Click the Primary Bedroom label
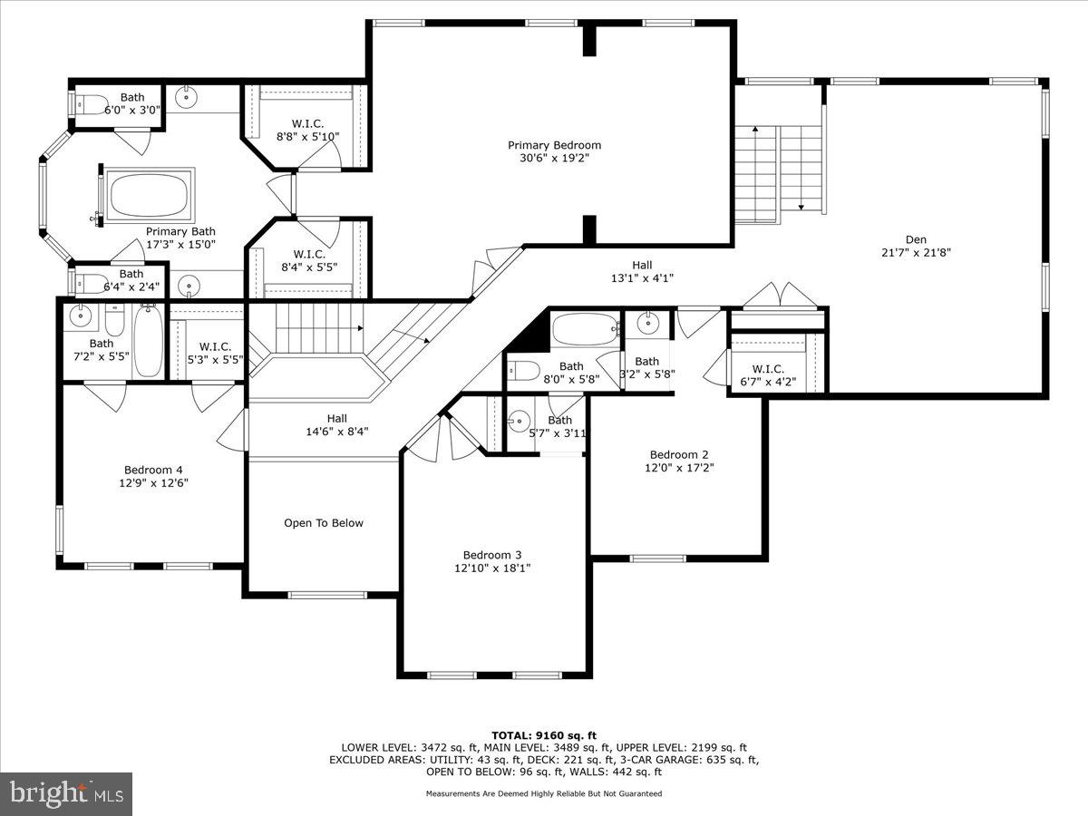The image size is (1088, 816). pyautogui.click(x=554, y=145)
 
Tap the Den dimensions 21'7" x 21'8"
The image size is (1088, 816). pyautogui.click(x=916, y=253)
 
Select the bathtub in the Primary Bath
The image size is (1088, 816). pyautogui.click(x=150, y=195)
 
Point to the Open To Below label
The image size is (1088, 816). pyautogui.click(x=324, y=523)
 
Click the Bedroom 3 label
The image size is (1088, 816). pyautogui.click(x=492, y=555)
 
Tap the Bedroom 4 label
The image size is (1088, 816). pyautogui.click(x=153, y=470)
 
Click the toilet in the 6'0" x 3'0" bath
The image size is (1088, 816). pyautogui.click(x=91, y=103)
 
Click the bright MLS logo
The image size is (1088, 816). pyautogui.click(x=66, y=794)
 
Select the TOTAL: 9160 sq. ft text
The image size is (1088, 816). pyautogui.click(x=544, y=735)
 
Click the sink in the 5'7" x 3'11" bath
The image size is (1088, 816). pyautogui.click(x=518, y=421)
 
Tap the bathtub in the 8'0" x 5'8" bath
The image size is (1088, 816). pyautogui.click(x=585, y=328)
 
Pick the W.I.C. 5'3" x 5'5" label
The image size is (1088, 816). pyautogui.click(x=215, y=346)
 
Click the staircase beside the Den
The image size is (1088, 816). pyautogui.click(x=778, y=172)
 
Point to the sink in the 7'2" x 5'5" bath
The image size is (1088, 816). pyautogui.click(x=80, y=316)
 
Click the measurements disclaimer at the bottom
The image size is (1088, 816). pyautogui.click(x=544, y=793)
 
